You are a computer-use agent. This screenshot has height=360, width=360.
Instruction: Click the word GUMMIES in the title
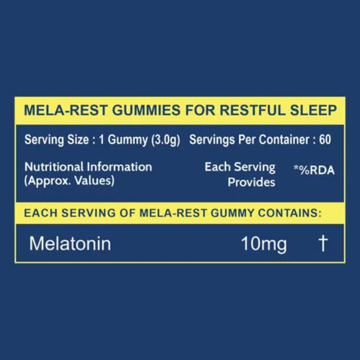(x=146, y=110)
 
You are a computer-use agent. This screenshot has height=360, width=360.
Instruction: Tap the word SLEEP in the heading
(x=314, y=110)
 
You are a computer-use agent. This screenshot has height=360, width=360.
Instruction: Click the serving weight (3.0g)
(x=166, y=140)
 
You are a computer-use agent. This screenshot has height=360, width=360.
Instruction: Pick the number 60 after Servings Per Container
(x=325, y=139)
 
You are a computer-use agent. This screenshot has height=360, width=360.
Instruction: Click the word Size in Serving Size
(x=78, y=139)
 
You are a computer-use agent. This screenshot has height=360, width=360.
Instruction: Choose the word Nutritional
(x=54, y=167)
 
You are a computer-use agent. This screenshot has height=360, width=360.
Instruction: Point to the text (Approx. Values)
(x=69, y=181)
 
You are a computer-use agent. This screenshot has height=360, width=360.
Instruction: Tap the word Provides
(x=251, y=182)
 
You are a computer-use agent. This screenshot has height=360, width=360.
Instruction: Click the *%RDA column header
(x=314, y=170)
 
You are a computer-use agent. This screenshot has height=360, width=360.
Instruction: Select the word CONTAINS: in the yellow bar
(x=290, y=213)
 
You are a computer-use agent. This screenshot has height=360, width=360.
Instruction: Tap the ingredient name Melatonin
(x=70, y=243)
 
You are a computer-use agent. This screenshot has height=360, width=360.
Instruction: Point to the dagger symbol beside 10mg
(x=323, y=243)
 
